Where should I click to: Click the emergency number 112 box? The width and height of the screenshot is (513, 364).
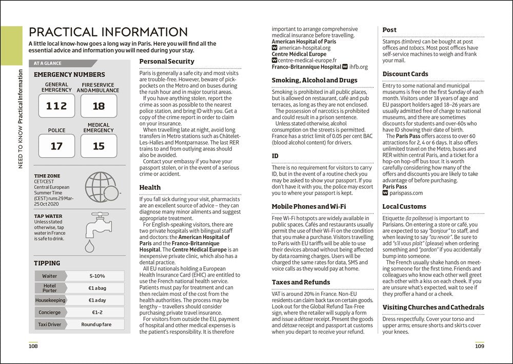click(x=56, y=106)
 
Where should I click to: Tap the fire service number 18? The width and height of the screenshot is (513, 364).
click(x=98, y=106)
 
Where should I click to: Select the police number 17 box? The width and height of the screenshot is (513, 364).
click(x=56, y=146)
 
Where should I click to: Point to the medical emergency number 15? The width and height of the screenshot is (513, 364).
click(x=98, y=146)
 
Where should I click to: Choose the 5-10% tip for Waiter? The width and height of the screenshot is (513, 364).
click(x=97, y=276)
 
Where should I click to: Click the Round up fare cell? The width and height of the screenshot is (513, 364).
click(x=97, y=324)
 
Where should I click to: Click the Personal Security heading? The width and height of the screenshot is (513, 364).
click(x=167, y=61)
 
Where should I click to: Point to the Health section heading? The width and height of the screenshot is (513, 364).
click(x=150, y=188)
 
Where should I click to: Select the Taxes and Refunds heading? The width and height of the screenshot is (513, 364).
click(x=301, y=282)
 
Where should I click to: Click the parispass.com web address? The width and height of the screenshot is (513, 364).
click(x=406, y=193)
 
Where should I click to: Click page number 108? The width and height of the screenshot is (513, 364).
click(x=33, y=347)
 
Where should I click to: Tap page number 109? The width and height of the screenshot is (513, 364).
click(x=479, y=347)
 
